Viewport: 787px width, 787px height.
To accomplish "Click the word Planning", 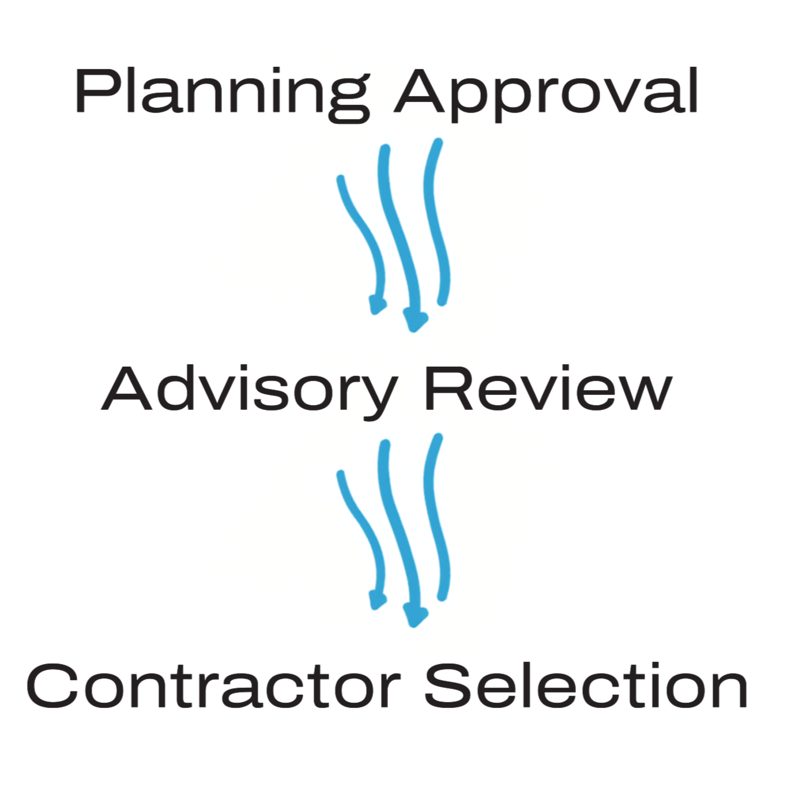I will pyautogui.click(x=222, y=92).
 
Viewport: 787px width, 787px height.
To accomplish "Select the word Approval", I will pyautogui.click(x=547, y=92).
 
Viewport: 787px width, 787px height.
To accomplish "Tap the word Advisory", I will pyautogui.click(x=249, y=390).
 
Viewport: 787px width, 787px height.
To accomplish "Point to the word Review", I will pyautogui.click(x=548, y=389).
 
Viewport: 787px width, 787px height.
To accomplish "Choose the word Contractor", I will pyautogui.click(x=213, y=686).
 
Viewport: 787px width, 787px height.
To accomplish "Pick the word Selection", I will pyautogui.click(x=586, y=686).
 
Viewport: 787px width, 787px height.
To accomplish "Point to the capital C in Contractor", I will pyautogui.click(x=52, y=686).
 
